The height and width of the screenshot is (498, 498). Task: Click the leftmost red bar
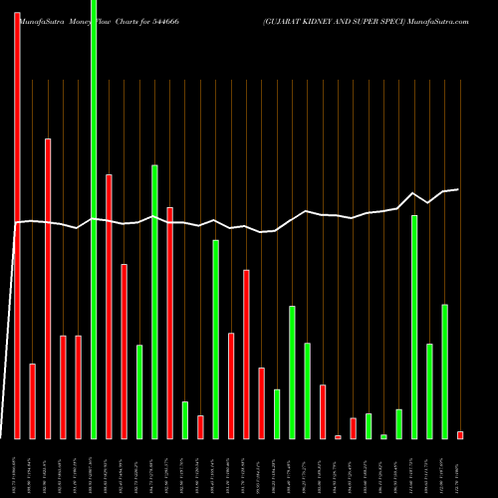17,219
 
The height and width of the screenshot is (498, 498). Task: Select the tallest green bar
94,219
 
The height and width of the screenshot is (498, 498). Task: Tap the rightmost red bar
460,435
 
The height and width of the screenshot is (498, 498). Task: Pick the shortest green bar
383,436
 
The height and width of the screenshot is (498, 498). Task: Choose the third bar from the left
48,289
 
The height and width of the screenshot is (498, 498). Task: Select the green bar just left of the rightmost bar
444,372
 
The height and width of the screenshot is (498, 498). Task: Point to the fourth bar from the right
414,327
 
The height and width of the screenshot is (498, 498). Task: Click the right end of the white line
458,189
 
